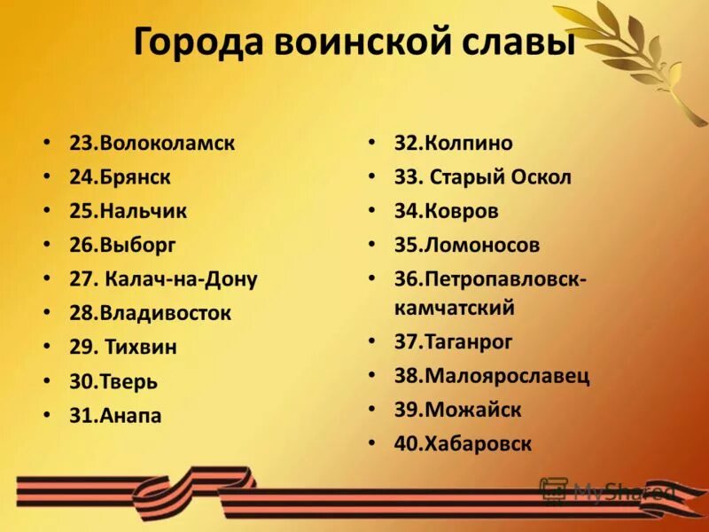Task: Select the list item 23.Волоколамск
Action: tap(152, 143)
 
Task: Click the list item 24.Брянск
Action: tap(120, 176)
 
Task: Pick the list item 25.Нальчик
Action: tap(128, 211)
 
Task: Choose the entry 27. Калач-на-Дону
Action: tap(163, 279)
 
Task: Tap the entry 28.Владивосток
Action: tap(150, 313)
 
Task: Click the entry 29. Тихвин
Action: tap(123, 347)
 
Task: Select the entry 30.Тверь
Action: tap(113, 381)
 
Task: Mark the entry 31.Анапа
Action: tap(115, 415)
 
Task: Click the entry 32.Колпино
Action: tap(454, 143)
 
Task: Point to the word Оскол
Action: tap(541, 176)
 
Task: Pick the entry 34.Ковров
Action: tap(447, 211)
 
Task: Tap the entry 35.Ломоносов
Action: tap(467, 245)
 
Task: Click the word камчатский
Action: tap(455, 309)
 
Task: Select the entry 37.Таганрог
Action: tap(454, 341)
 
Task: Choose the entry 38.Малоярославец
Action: tap(492, 375)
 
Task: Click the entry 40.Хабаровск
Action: tap(464, 443)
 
